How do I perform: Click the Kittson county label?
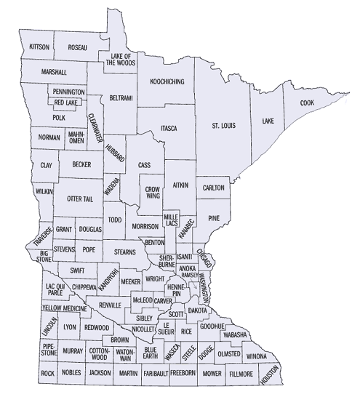point(39,47)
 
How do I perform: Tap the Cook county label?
point(308,103)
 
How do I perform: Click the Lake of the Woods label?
point(120,60)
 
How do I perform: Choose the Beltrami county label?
point(121,97)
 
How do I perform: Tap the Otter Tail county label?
point(80,198)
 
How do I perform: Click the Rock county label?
point(48,373)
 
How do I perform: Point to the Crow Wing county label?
point(153,192)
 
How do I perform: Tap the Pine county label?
point(214,218)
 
